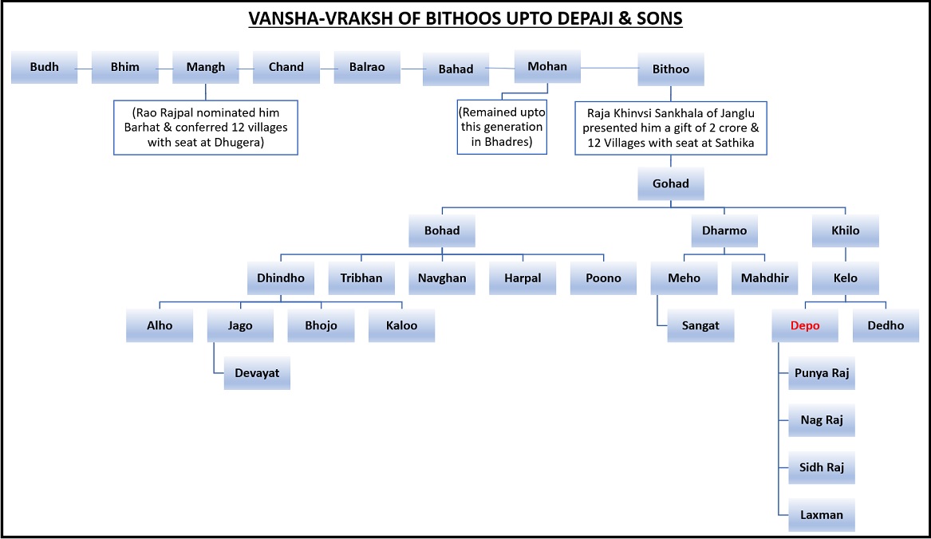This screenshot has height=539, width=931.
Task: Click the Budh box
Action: [x=44, y=67]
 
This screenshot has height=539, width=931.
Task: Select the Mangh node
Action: [x=206, y=67]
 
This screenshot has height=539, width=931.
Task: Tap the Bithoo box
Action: [x=671, y=69]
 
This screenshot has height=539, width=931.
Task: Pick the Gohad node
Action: [x=671, y=183]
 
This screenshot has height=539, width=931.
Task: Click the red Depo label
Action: [x=804, y=325]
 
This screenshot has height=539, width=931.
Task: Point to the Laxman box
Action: [x=822, y=514]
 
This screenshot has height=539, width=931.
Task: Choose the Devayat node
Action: [x=257, y=373]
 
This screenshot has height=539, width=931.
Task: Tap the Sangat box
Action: [x=700, y=325]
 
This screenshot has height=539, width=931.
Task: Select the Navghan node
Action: [x=442, y=277]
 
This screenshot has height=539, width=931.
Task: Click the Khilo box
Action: [x=846, y=230]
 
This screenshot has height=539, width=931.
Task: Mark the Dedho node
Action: [x=886, y=325]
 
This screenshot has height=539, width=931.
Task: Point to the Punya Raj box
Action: [x=822, y=373]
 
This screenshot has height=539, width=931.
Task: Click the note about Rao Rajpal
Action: [x=206, y=128]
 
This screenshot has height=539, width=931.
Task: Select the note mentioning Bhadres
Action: [x=502, y=127]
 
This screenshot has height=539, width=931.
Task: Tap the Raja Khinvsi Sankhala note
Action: [x=671, y=128]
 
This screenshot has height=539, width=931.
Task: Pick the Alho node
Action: [x=160, y=325]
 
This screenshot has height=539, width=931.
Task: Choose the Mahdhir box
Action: [x=765, y=277]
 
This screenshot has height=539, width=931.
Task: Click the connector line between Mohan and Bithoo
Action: [x=609, y=68]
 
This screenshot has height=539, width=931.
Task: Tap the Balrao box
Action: [x=367, y=67]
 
